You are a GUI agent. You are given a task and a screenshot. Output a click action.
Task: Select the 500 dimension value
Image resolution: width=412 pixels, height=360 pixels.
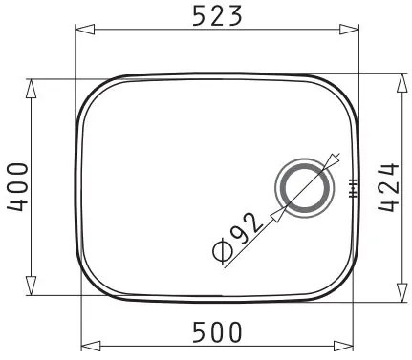pos(217,332)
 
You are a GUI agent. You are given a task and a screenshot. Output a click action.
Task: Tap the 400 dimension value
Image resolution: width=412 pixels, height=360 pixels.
pos(17,187)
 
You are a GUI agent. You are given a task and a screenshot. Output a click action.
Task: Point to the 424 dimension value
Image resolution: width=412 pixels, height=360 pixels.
pos(389,188)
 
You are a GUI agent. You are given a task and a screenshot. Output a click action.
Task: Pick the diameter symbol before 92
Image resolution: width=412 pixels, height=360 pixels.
pos(222,252)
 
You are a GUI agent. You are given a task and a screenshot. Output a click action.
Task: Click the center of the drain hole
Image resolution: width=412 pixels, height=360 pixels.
pos(305,188)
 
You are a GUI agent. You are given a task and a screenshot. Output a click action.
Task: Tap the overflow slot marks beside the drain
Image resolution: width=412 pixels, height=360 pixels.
pos(353,188)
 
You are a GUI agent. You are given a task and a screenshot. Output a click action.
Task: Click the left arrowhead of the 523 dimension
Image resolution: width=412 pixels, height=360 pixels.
pos(85,30)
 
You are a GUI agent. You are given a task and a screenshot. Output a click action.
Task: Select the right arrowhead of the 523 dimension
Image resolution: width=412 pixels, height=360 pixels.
pos(349,30)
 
